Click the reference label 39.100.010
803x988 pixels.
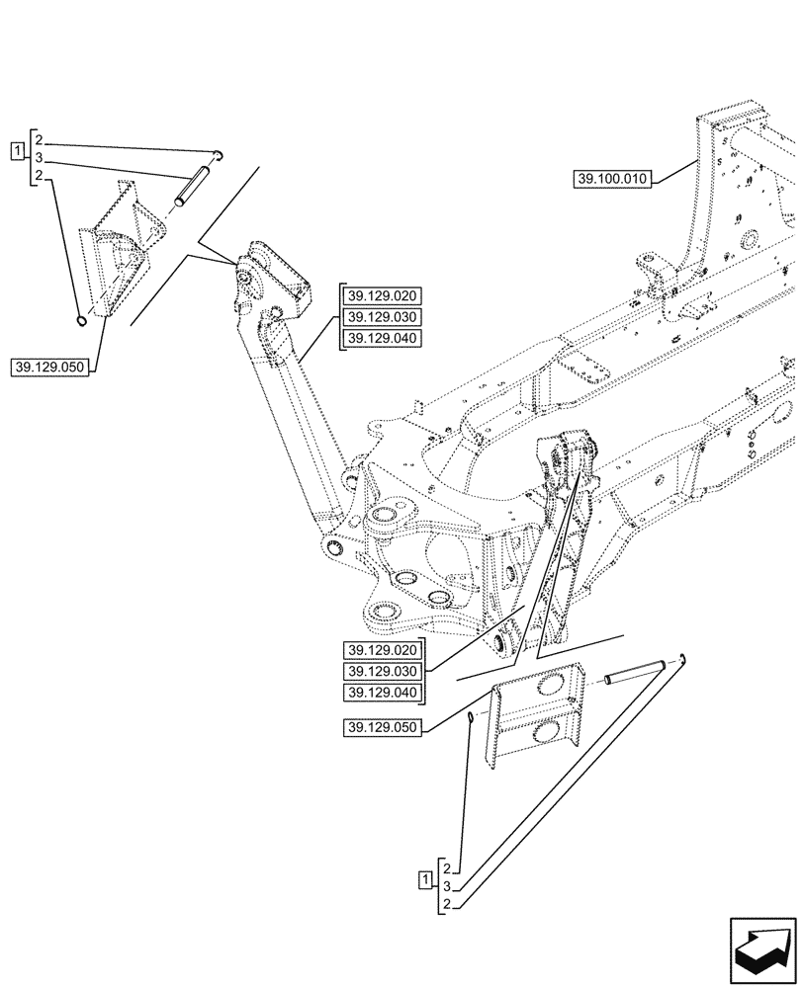611,179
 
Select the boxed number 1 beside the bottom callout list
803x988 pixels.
425,878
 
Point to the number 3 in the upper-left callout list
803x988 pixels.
38,158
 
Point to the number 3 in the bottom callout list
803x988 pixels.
447,886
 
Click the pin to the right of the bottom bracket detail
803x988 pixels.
634,673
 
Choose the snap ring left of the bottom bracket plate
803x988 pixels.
472,718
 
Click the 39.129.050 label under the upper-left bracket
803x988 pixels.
50,368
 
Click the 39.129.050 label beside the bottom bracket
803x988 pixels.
383,728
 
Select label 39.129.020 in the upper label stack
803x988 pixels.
382,296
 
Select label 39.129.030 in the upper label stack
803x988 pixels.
382,317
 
